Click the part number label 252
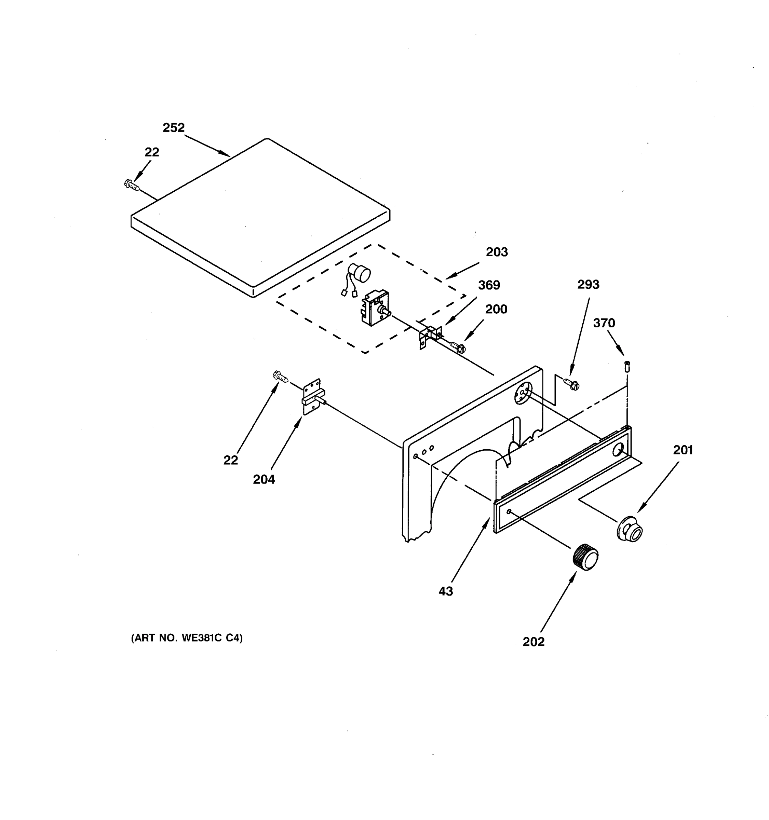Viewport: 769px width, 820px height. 173,128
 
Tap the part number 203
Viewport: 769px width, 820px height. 496,252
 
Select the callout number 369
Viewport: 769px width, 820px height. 489,285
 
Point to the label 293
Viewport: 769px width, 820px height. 588,284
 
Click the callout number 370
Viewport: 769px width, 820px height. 604,323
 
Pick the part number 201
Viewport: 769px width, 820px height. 683,450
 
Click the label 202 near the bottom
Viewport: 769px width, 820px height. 533,642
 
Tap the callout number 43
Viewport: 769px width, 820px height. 446,591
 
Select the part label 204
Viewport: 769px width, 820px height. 264,479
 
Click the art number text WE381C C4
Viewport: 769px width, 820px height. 187,638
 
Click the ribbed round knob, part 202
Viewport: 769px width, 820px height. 585,557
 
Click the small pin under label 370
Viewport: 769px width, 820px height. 628,366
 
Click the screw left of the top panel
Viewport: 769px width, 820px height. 132,185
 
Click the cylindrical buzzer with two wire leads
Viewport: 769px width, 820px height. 359,274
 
